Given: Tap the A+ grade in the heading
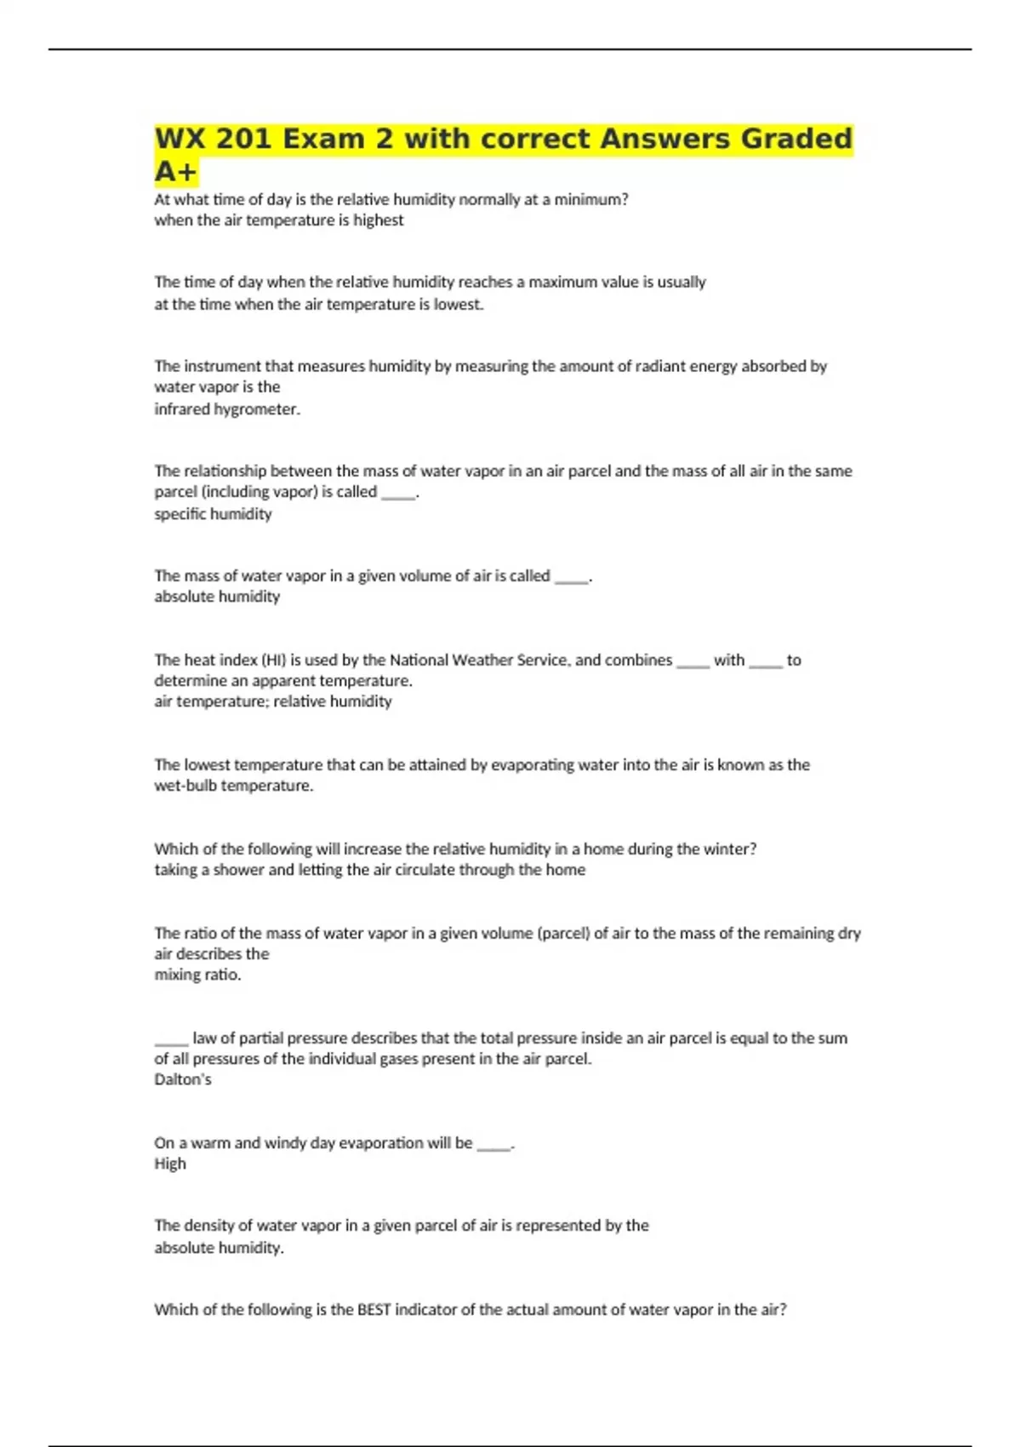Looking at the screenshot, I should [x=175, y=172].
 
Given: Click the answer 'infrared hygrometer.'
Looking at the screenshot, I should [x=227, y=409].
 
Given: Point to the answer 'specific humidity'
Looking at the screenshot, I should [x=213, y=514].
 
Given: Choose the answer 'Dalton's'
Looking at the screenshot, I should [x=183, y=1079].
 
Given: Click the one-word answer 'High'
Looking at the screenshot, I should [x=170, y=1164].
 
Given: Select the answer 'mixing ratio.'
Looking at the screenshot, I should [x=197, y=975].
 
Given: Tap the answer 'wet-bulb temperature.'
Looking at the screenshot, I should [x=234, y=786].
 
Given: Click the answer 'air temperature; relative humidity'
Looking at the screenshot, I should [x=273, y=701].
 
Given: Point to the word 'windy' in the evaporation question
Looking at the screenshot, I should [x=286, y=1143].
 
